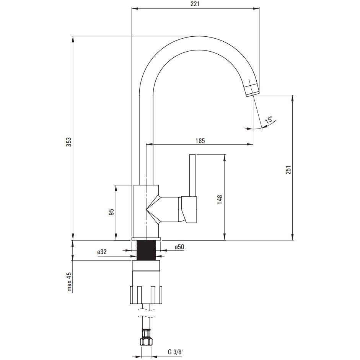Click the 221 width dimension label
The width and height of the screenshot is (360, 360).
coord(195,4)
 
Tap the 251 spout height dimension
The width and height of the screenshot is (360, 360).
coord(288,169)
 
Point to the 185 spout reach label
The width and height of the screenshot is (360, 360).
coord(200,140)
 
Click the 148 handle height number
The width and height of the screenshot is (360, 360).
coord(220,200)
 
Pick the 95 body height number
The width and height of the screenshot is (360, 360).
coord(111,212)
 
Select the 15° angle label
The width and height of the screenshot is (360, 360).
coord(269,120)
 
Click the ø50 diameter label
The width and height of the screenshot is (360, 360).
coord(179,247)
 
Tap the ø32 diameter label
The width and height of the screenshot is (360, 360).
coord(102,252)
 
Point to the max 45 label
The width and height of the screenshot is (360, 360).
coord(69,282)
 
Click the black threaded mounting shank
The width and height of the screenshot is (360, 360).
coord(146,250)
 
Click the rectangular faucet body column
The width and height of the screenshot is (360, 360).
coord(146,211)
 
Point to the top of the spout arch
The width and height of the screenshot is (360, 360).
coord(199,36)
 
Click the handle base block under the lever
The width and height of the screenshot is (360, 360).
coord(189,210)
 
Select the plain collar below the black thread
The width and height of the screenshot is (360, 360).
coord(146,266)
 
